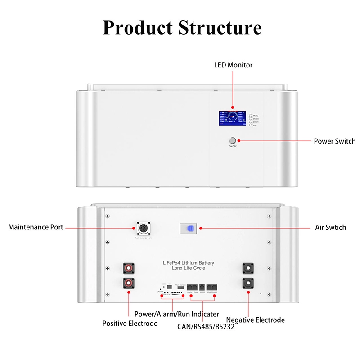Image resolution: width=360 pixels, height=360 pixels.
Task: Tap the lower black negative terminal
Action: click(x=248, y=284)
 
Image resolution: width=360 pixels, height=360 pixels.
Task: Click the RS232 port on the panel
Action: click(x=202, y=287)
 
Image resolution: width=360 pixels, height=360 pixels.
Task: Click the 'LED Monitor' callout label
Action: click(x=233, y=65)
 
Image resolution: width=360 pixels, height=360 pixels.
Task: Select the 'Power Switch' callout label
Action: click(x=334, y=141)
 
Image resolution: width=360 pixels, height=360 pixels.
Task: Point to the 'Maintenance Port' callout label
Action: click(x=36, y=227)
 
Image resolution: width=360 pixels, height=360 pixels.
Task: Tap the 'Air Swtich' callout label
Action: click(x=331, y=227)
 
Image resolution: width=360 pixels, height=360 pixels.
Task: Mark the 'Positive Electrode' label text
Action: click(x=130, y=323)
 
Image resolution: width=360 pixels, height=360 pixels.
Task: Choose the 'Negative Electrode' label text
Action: click(x=256, y=320)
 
